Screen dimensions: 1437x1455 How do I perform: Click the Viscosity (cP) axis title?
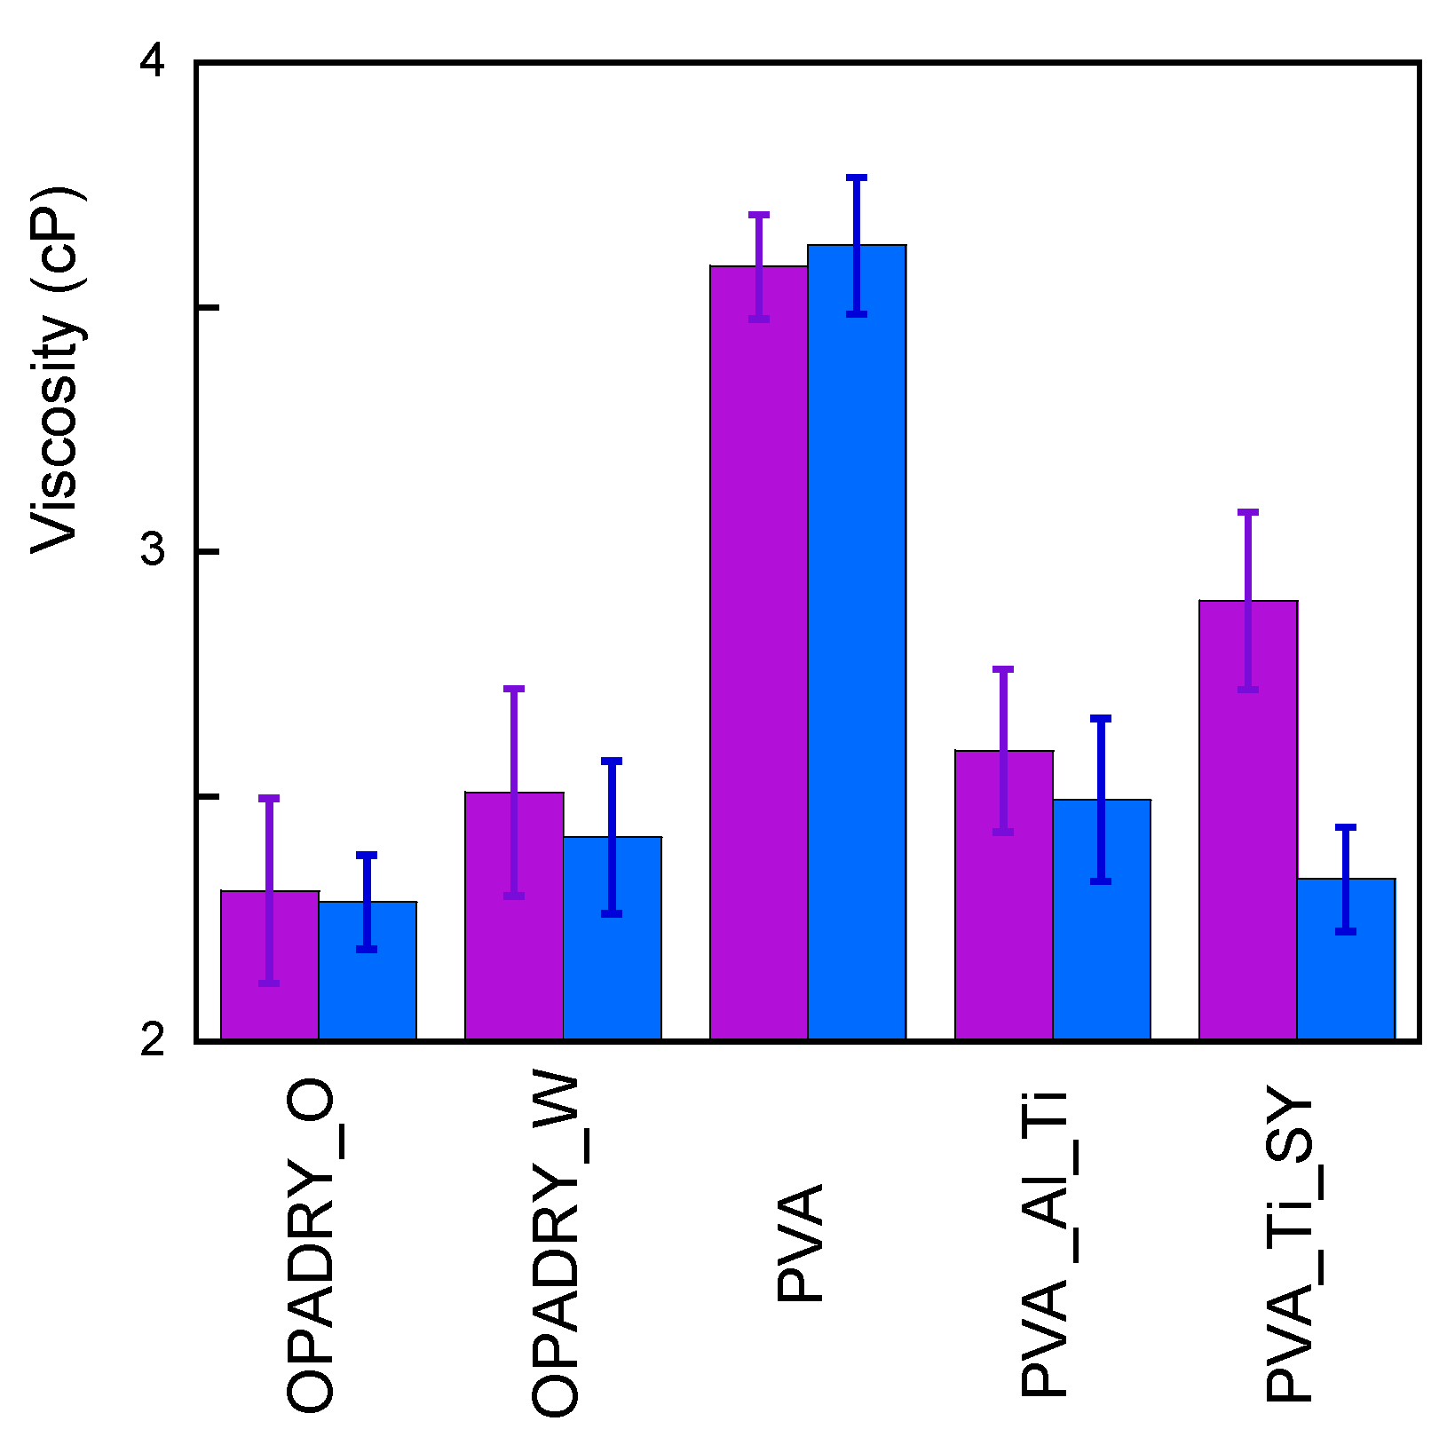pos(59,371)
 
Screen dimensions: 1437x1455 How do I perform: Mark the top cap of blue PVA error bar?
pos(857,178)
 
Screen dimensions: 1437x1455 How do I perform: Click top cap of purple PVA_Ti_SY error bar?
pos(1248,512)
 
